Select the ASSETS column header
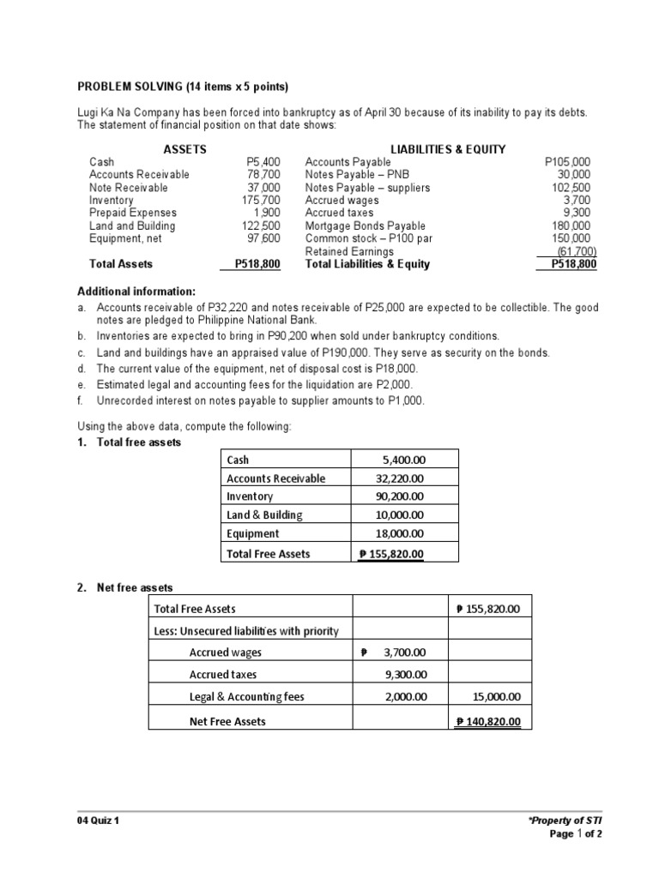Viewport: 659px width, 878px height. [184, 148]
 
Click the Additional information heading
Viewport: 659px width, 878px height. [137, 292]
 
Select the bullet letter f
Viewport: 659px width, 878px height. [81, 400]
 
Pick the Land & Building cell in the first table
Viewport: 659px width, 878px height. [264, 514]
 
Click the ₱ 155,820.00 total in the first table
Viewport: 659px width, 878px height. [391, 554]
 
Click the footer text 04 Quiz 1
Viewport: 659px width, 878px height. [100, 821]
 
